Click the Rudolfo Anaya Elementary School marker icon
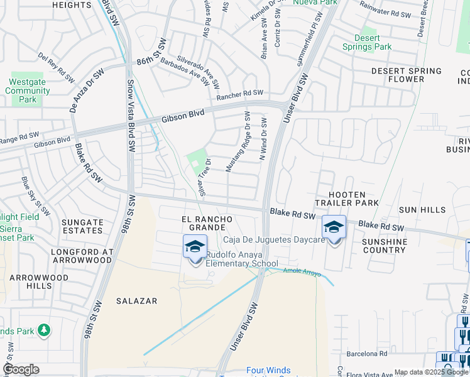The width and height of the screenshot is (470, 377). point(195,246)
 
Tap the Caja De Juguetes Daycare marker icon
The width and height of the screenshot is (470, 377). point(334,227)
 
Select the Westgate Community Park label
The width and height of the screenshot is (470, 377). point(28,90)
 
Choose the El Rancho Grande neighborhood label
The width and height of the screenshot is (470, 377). point(207,223)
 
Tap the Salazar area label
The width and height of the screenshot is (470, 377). point(136,301)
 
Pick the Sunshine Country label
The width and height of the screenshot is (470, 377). point(385,246)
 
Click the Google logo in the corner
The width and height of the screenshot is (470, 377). point(21,369)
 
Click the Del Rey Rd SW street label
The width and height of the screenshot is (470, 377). point(55,64)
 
